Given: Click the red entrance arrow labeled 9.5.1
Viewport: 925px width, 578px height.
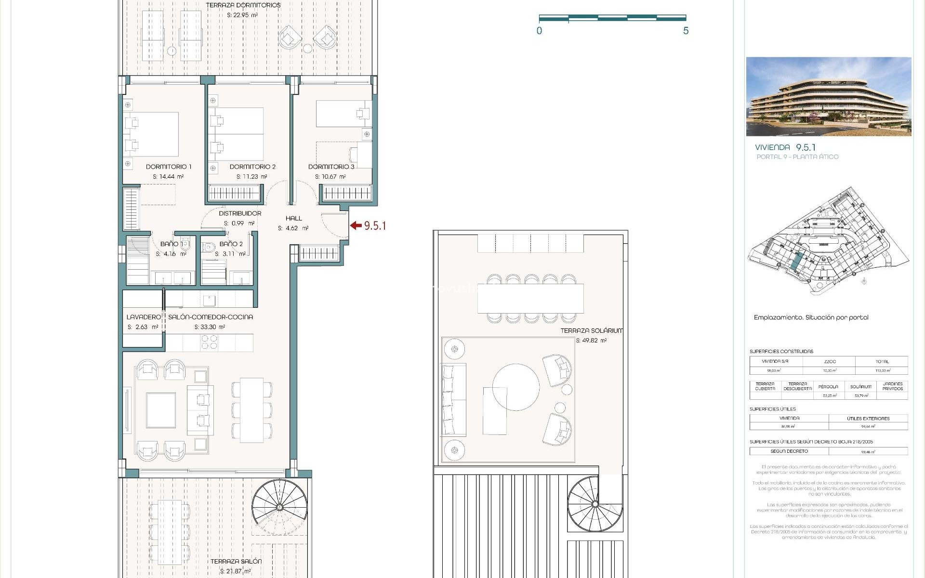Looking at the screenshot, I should point(356,225).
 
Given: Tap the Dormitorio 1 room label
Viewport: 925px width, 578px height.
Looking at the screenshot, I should point(169,167).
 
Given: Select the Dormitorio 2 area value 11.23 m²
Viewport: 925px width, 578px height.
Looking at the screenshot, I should point(251,177).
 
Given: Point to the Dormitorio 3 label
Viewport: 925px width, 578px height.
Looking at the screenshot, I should point(331,167).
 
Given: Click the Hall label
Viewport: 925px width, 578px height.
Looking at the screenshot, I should point(293,218).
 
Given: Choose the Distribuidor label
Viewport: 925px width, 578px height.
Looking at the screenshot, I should point(240,213).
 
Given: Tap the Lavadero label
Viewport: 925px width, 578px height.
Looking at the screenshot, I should point(143,317).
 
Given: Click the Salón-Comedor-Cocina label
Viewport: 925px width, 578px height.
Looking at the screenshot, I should point(210,317).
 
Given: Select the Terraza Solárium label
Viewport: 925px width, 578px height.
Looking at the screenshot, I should point(591,330).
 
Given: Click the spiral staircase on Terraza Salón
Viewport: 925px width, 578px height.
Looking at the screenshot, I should point(279,507).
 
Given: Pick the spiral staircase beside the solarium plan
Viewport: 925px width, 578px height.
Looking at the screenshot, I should point(595,504).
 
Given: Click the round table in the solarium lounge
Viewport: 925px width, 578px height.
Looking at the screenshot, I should point(515,387).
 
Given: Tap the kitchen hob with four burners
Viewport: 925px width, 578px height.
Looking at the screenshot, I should point(209,342).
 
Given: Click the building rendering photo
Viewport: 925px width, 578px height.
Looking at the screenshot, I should point(828,96).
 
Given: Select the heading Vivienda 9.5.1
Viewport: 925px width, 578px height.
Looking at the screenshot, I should point(785,147).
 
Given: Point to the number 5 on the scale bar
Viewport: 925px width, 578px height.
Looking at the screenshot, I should point(686,31).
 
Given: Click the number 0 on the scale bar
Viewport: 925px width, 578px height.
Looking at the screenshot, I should point(539,31).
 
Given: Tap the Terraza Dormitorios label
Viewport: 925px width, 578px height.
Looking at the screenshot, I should point(243,5).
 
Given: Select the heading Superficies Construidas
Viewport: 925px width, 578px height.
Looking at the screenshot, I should point(781,351).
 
